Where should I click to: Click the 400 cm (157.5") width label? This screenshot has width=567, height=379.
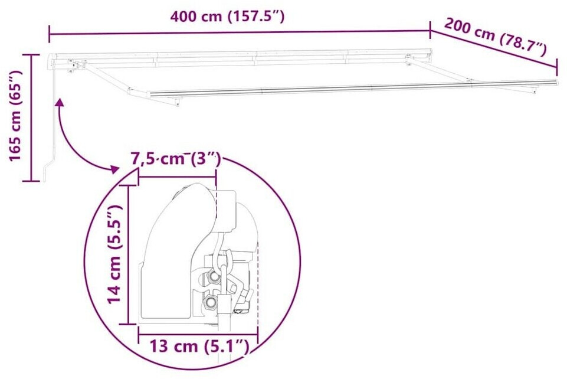click(x=227, y=17)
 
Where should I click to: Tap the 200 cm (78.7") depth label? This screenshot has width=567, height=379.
click(x=495, y=37)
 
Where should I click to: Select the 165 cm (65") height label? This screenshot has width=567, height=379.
click(x=15, y=116)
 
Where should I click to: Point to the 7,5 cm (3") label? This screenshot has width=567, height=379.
click(x=176, y=159)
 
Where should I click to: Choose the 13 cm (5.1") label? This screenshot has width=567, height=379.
click(x=199, y=347)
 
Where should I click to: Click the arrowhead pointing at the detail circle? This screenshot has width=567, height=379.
click(x=114, y=169)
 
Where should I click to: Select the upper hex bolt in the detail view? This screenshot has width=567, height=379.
click(x=214, y=277)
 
